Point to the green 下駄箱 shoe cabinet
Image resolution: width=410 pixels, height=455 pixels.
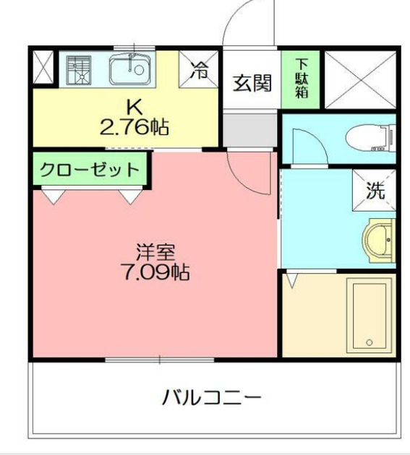pos(300,79)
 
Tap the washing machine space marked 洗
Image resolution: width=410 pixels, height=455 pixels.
pos(375,191)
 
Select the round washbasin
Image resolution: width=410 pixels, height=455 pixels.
pos(377,238)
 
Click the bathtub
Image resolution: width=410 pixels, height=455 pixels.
pos(370,314)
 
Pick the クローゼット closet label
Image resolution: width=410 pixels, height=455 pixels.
pos(89,170)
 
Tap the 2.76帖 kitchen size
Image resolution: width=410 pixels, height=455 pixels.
pos(134,128)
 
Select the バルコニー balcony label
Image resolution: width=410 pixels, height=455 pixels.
pos(212,396)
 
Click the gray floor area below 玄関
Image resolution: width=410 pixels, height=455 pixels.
pos(250,129)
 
